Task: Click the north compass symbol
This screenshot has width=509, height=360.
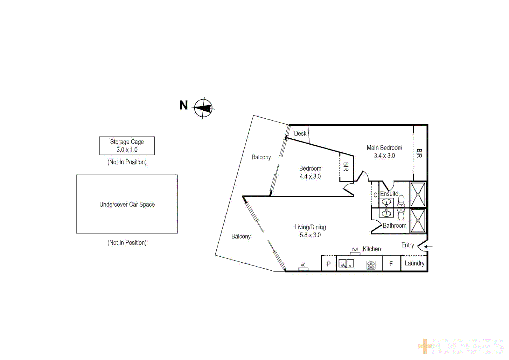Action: [203, 108]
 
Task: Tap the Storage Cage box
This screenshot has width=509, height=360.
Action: [127, 146]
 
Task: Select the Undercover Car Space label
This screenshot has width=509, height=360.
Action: [127, 204]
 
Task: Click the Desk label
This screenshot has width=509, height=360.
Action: [300, 133]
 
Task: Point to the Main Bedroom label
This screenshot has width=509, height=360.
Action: [384, 148]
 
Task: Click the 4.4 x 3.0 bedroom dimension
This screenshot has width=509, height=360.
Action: [310, 176]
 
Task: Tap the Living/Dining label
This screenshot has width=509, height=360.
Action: [310, 227]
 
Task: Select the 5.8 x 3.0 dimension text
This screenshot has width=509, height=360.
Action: [310, 235]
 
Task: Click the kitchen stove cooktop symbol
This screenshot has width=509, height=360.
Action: [371, 265]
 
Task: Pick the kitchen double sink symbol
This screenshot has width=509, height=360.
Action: [346, 264]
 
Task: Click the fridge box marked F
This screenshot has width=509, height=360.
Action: [391, 264]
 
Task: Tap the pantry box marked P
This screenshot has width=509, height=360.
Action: [329, 264]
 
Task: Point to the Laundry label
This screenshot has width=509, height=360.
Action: [414, 263]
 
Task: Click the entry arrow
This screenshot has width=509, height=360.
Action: [429, 247]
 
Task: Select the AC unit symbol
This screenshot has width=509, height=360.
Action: [303, 268]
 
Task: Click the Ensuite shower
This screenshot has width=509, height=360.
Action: [418, 194]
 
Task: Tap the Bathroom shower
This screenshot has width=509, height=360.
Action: [418, 221]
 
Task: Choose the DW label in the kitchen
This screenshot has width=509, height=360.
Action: [355, 250]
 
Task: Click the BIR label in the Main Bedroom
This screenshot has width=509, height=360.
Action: [419, 153]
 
